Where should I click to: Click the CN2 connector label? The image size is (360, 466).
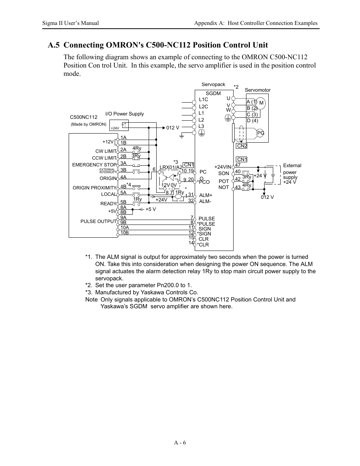242,146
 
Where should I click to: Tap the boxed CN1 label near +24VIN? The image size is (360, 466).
242,159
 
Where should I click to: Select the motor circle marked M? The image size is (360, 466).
261,103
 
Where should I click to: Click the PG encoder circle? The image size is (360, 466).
261,133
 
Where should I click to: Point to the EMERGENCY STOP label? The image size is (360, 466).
94,165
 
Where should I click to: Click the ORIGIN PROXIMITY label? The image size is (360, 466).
94,188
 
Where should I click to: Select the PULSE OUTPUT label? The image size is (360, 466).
98,221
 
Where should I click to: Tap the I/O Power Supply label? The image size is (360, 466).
125,114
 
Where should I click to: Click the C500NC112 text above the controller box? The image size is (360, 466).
84,117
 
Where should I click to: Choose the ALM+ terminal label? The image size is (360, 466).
206,195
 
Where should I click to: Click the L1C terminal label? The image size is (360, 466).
203,100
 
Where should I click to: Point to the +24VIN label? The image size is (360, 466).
222,167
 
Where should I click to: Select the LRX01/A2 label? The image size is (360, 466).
171,167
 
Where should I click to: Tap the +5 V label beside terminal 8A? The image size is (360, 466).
151,209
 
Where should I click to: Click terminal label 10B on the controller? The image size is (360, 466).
125,233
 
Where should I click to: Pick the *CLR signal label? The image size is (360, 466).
203,245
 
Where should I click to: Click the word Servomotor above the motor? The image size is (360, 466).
258,90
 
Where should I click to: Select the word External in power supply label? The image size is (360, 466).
292,165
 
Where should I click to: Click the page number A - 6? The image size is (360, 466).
180,443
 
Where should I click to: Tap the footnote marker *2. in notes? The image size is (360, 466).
89,285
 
